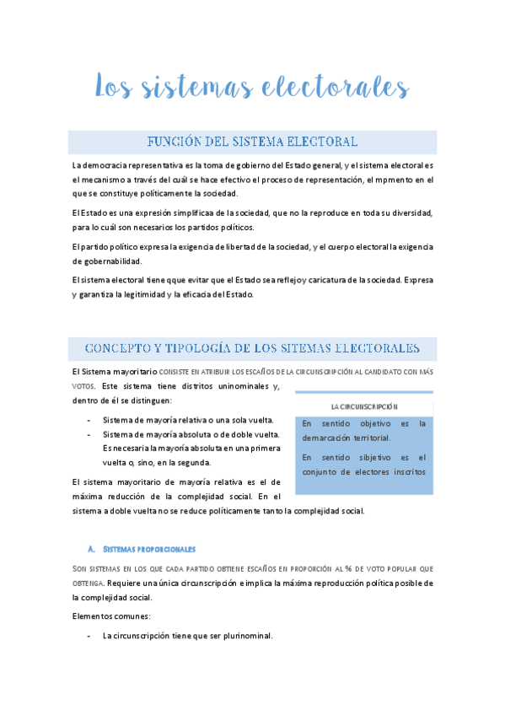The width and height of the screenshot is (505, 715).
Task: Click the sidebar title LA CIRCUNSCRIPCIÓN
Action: point(364,406)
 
